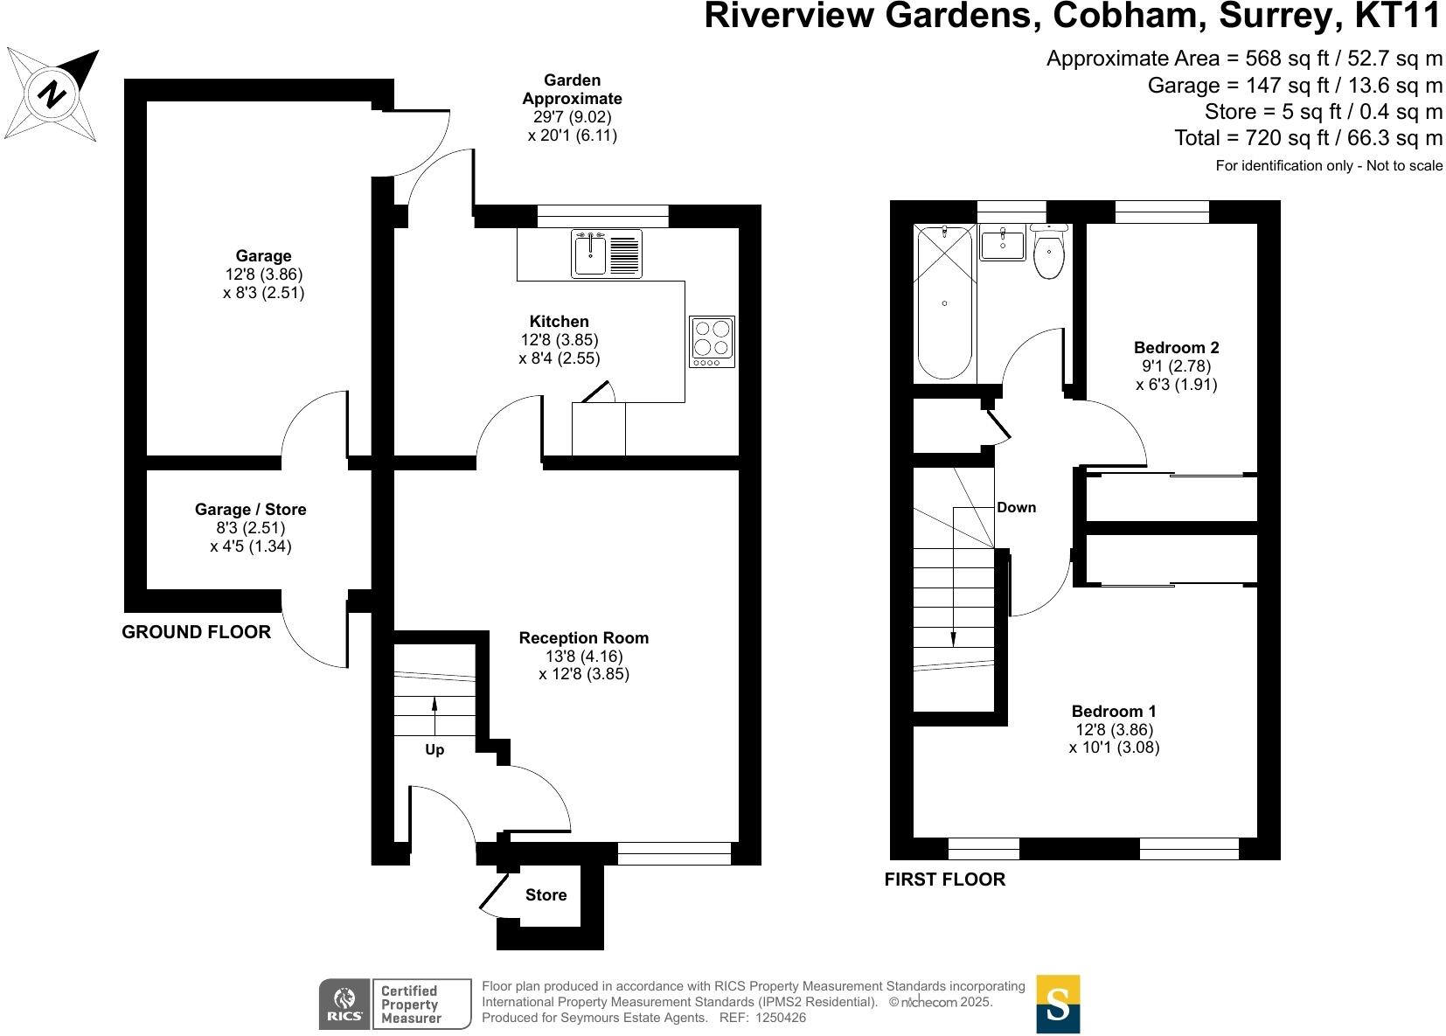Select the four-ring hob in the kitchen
click(x=712, y=341)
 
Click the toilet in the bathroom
click(x=1048, y=254)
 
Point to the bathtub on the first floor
click(x=944, y=302)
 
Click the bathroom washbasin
click(x=1003, y=242)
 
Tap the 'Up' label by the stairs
click(x=434, y=750)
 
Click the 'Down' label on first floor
click(x=1016, y=508)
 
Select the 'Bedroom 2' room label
click(x=1176, y=348)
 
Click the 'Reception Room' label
click(x=583, y=638)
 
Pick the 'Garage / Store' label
click(x=250, y=510)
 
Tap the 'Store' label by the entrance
click(x=546, y=895)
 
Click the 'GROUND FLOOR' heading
click(x=196, y=632)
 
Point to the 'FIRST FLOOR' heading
click(x=944, y=880)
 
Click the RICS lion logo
click(x=344, y=1004)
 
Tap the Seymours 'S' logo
click(x=1058, y=1004)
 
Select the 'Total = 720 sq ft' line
click(x=1308, y=138)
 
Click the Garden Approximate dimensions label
click(x=572, y=108)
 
